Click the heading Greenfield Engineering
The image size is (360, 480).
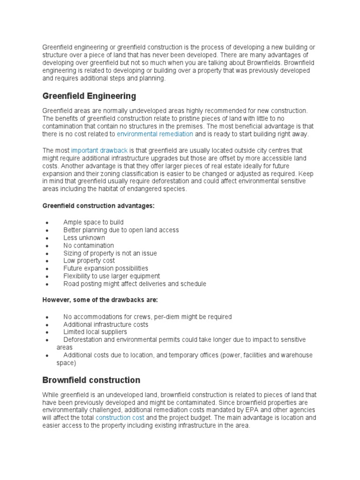point(89,96)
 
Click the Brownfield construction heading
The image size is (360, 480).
point(91,380)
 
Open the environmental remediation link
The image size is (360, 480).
point(155,134)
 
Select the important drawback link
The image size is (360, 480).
point(99,150)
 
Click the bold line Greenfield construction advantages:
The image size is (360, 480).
point(98,206)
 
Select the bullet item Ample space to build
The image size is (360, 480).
point(93,222)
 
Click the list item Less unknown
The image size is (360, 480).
point(84,238)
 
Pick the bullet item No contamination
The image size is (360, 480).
point(89,245)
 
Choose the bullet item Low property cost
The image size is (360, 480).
point(89,261)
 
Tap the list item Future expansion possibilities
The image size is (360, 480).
point(105,269)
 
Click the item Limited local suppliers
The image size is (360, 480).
point(95,332)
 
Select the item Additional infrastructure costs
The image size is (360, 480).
point(105,324)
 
